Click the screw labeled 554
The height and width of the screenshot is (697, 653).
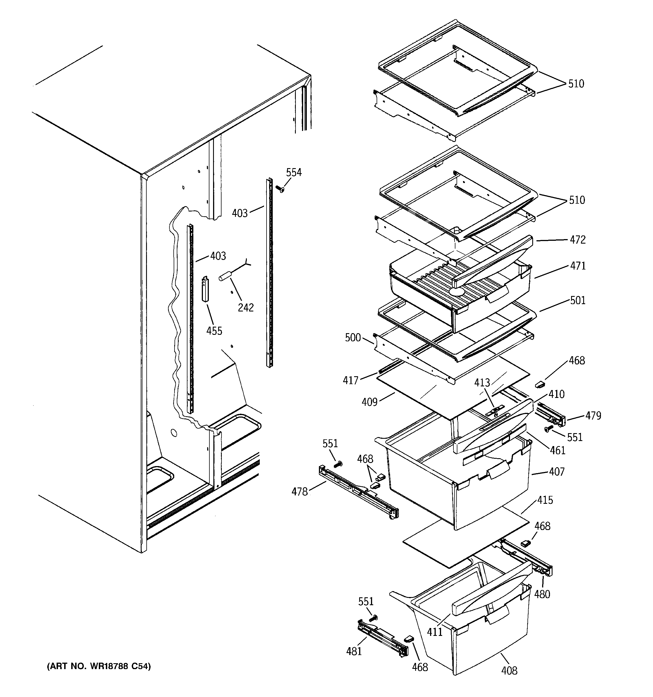coord(280,189)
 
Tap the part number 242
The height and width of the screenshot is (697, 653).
coord(246,308)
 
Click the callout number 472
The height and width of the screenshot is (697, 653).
coord(577,240)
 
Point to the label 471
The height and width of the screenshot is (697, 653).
coord(577,266)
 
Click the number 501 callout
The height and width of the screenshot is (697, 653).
coord(577,300)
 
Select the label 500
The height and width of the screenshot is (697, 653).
coord(353,338)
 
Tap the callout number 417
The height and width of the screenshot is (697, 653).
coord(350,380)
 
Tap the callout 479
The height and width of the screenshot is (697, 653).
coord(593,416)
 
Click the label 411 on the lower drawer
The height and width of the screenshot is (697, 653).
coord(435,631)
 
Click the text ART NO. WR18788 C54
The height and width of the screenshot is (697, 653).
coord(99,666)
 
